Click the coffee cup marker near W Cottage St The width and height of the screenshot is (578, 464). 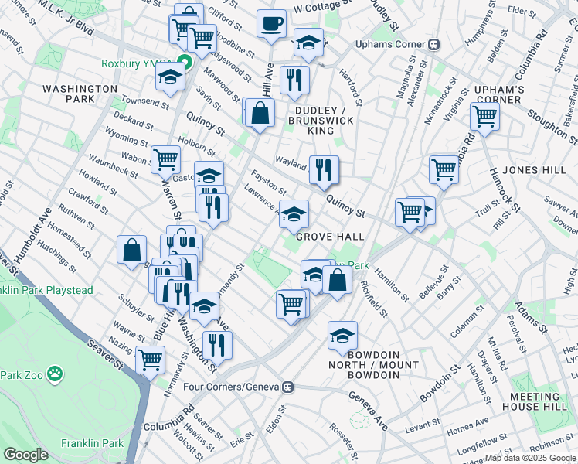pos(271,24)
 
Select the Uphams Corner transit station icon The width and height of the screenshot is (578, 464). pos(434,44)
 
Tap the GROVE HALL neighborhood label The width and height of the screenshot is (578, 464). pos(325,237)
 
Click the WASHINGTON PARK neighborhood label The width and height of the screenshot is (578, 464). pos(80,94)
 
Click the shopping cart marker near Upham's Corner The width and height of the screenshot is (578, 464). pos(484,116)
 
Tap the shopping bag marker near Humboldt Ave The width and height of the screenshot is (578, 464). pos(131,249)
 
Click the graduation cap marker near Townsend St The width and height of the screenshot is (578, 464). pos(170,77)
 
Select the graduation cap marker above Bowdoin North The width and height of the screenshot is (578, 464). pos(342,335)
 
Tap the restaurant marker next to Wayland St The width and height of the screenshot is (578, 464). pos(324,169)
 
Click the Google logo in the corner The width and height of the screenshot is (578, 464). pos(25,455)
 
